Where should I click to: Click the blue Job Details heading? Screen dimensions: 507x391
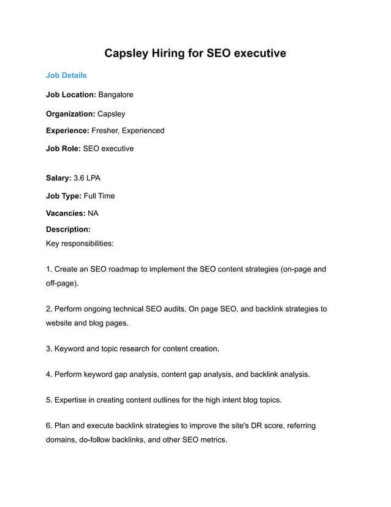pyautogui.click(x=66, y=75)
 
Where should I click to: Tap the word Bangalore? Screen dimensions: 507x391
pyautogui.click(x=116, y=95)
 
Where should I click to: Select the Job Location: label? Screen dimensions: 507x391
pyautogui.click(x=71, y=95)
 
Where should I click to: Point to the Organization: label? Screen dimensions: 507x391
pyautogui.click(x=70, y=114)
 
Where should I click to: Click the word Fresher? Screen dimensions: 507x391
pyautogui.click(x=105, y=131)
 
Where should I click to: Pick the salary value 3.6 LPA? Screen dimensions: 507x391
pyautogui.click(x=86, y=178)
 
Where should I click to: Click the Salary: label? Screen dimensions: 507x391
pyautogui.click(x=58, y=178)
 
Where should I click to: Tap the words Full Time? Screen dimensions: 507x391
pyautogui.click(x=99, y=196)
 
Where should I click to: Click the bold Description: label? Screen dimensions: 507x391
pyautogui.click(x=68, y=230)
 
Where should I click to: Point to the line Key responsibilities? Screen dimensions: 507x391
pyautogui.click(x=80, y=243)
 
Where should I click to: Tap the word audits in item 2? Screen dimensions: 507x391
pyautogui.click(x=178, y=309)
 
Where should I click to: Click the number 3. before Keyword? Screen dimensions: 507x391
pyautogui.click(x=49, y=349)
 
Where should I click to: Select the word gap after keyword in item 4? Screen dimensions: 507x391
pyautogui.click(x=133, y=374)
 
